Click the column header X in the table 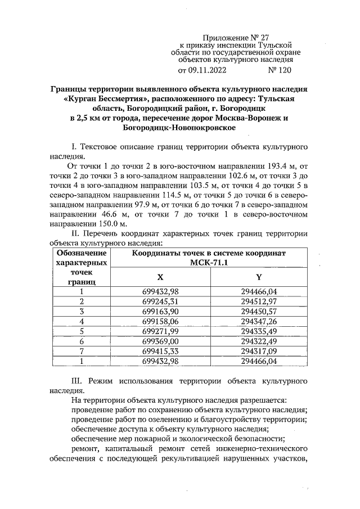(x=160, y=277)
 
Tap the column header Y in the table (x=259, y=277)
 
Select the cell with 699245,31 (x=160, y=301)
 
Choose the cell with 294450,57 (x=259, y=311)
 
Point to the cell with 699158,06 (x=160, y=321)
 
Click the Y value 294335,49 (x=259, y=331)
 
